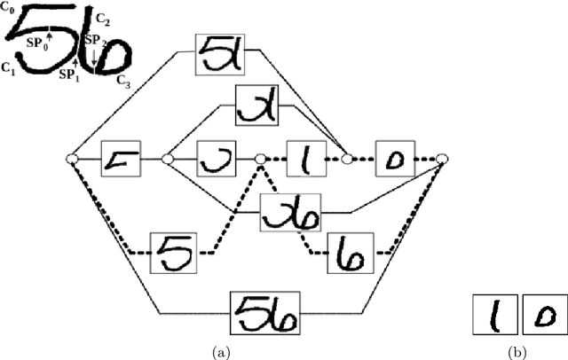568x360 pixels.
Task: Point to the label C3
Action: point(124,80)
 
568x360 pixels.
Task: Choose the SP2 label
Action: point(95,41)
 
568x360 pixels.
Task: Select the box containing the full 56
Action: point(265,311)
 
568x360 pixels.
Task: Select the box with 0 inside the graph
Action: point(398,160)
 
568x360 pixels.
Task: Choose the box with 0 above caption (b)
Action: point(542,317)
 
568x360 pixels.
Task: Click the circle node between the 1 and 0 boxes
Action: point(349,160)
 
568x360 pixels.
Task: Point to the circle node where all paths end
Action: point(442,160)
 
